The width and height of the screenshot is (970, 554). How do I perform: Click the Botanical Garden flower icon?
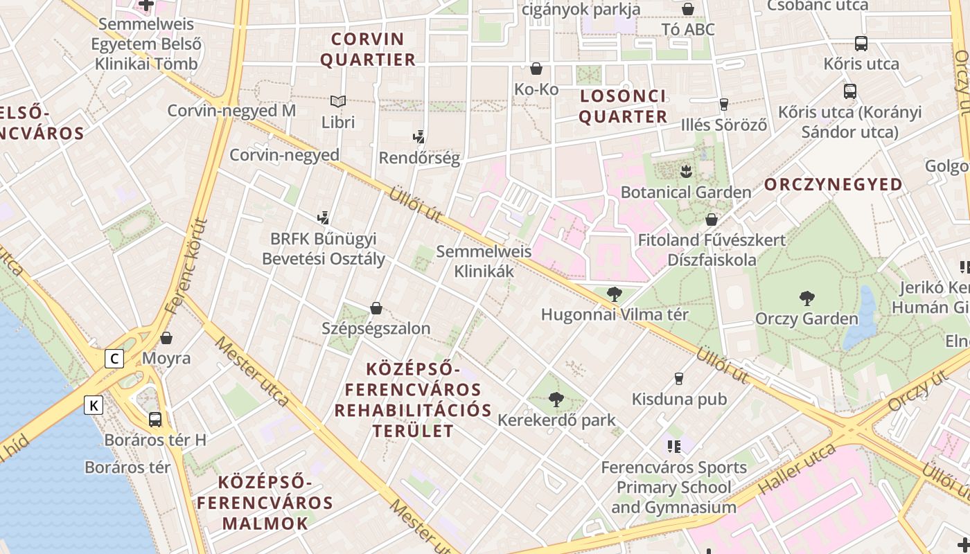(686, 170)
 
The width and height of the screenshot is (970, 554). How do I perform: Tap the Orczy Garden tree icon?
(806, 298)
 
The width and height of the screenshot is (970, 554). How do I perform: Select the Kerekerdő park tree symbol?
(556, 399)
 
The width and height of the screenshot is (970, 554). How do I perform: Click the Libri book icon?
(338, 102)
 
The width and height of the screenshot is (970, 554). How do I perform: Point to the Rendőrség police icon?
(418, 136)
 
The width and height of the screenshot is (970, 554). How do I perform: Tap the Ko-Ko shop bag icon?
(536, 69)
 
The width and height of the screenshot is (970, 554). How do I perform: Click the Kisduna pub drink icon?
(679, 379)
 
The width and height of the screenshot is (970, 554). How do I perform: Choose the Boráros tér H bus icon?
(155, 419)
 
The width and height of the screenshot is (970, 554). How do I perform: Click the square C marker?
(114, 358)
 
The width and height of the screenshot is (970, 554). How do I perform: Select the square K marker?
(94, 405)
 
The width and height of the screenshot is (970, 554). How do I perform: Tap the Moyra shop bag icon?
(166, 338)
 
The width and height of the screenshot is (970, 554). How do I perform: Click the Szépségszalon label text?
(376, 328)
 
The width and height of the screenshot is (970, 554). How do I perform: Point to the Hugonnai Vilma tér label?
(615, 314)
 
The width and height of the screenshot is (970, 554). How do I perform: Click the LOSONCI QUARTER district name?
(623, 106)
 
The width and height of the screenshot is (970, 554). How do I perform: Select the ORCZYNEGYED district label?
(834, 185)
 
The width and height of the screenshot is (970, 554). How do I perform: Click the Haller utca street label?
(797, 469)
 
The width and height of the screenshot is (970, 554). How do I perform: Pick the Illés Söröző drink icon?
(724, 105)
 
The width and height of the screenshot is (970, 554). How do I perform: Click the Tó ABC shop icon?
(688, 9)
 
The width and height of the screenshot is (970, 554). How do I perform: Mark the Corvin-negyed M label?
(231, 111)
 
